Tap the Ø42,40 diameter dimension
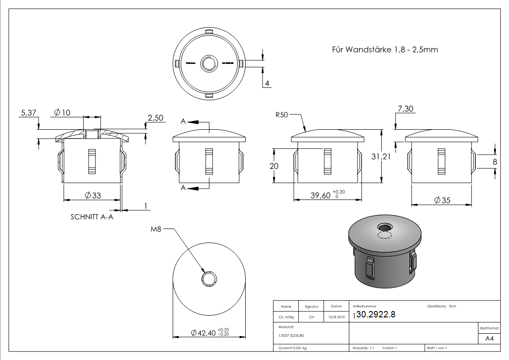tap(204, 333)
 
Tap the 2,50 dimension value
tap(155, 118)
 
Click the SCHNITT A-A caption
tap(92, 217)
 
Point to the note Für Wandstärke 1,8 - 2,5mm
tap(385, 49)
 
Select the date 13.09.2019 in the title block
tap(336, 317)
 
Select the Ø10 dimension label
tap(62, 112)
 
